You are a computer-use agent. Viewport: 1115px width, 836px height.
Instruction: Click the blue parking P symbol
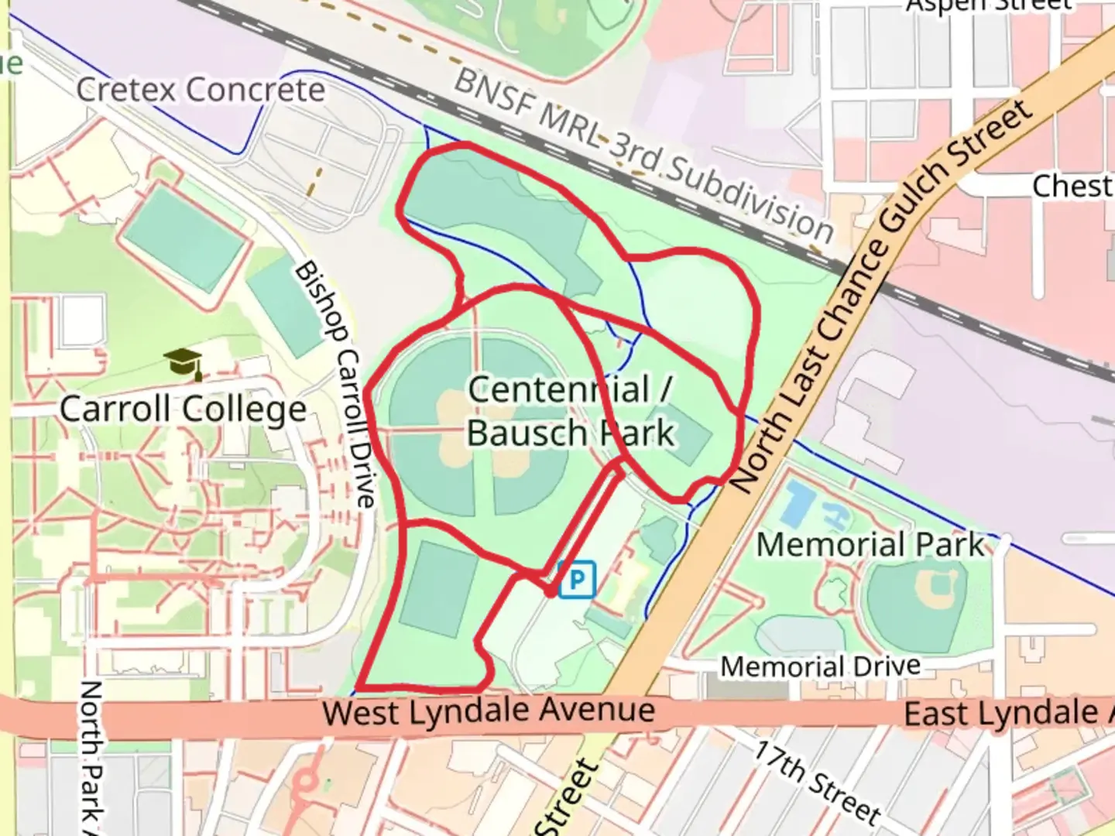tap(577, 579)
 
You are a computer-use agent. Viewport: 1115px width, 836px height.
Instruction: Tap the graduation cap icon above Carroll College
tap(184, 362)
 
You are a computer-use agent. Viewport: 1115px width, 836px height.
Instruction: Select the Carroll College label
tap(183, 409)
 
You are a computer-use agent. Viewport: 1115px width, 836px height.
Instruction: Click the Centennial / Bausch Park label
tap(571, 411)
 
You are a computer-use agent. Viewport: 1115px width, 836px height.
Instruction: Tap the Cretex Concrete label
tap(201, 90)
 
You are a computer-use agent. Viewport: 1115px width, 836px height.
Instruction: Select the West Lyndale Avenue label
tap(489, 711)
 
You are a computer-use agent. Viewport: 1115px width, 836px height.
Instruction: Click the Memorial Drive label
tap(821, 666)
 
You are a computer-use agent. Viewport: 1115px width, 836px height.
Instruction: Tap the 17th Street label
tap(818, 783)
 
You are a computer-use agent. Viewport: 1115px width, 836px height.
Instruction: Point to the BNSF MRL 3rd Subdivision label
tap(643, 155)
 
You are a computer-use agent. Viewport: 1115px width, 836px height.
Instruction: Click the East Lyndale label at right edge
tap(1007, 713)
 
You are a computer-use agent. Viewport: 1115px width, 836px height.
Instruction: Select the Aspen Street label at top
tap(989, 6)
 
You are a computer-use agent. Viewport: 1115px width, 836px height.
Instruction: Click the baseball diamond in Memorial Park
tap(918, 596)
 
